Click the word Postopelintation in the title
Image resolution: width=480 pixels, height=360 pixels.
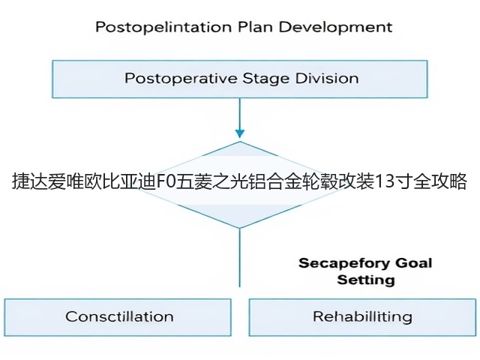pyautogui.click(x=163, y=27)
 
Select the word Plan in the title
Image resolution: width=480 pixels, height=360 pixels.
pyautogui.click(x=255, y=27)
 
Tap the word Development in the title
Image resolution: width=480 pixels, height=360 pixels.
pyautogui.click(x=335, y=28)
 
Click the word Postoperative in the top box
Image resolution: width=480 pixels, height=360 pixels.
pyautogui.click(x=181, y=78)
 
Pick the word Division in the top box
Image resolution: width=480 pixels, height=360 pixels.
pyautogui.click(x=327, y=78)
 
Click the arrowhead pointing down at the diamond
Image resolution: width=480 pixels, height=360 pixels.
pyautogui.click(x=240, y=133)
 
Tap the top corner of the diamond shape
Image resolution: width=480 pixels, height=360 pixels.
pyautogui.click(x=240, y=142)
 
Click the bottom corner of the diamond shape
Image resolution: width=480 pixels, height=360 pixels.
pyautogui.click(x=240, y=228)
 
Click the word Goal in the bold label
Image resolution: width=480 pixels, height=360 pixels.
pyautogui.click(x=413, y=263)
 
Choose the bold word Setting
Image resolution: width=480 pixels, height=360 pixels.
pyautogui.click(x=366, y=280)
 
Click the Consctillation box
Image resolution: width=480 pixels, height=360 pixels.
pyautogui.click(x=118, y=317)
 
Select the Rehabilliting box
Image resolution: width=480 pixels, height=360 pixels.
pyautogui.click(x=362, y=317)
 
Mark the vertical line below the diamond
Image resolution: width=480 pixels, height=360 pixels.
pyautogui.click(x=240, y=258)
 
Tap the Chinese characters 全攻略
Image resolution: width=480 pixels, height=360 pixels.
pyautogui.click(x=439, y=181)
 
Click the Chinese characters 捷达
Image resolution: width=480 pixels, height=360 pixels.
pyautogui.click(x=30, y=181)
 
